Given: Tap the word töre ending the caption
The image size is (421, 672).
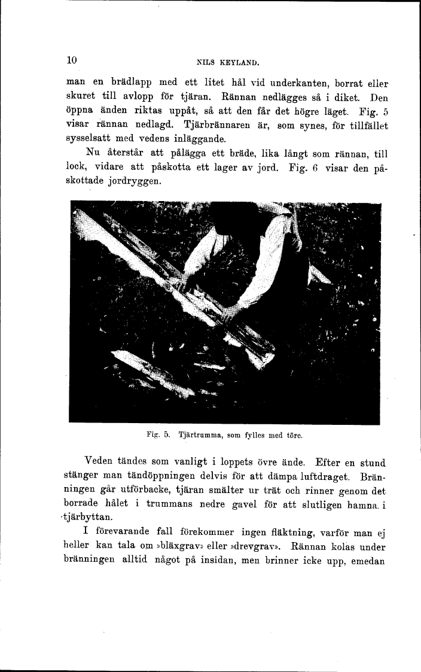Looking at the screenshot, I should (x=292, y=436).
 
